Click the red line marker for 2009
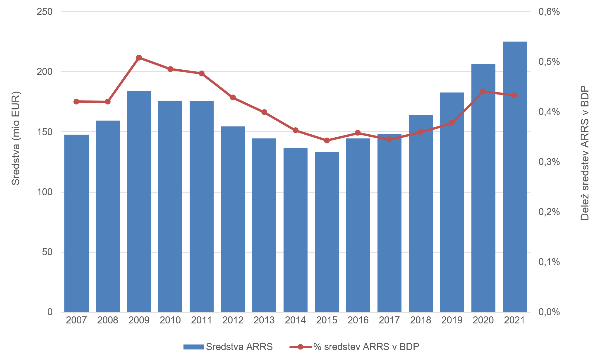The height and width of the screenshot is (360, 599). tap(139, 58)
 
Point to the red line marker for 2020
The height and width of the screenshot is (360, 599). tap(483, 92)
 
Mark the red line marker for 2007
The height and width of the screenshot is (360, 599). tap(76, 102)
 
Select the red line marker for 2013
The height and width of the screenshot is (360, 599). tap(264, 112)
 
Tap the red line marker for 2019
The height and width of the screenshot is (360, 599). tap(452, 123)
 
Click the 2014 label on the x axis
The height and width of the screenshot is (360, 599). tap(296, 320)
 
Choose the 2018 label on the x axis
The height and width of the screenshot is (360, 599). tap(420, 320)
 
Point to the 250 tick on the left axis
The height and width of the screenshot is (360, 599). tap(44, 12)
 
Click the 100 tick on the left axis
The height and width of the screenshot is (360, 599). tap(44, 192)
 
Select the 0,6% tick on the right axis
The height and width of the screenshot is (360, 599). tap(549, 12)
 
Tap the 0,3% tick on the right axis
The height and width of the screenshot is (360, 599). tap(549, 162)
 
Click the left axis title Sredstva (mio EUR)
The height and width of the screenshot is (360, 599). tap(16, 138)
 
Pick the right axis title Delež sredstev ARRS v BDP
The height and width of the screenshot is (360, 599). tap(585, 153)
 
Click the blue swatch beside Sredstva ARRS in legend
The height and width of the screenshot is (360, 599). tap(193, 347)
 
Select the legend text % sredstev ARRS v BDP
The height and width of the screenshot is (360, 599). tap(366, 347)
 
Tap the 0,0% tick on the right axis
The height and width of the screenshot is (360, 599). tap(549, 312)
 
